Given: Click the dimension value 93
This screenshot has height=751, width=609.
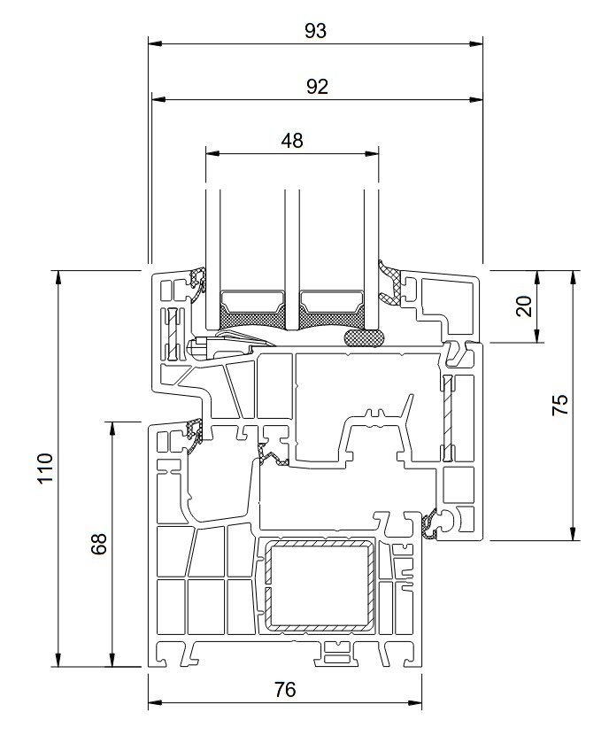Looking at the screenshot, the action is [315, 31].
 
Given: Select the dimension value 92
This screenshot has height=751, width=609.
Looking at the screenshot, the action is [317, 87].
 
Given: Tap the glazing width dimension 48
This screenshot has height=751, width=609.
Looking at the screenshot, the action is [292, 141].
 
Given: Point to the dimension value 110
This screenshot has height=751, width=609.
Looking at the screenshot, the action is [45, 468].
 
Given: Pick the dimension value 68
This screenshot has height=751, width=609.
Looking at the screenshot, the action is [99, 544].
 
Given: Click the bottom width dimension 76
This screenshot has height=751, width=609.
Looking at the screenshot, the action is [285, 690].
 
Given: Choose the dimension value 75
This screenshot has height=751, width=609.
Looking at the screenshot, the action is [560, 405].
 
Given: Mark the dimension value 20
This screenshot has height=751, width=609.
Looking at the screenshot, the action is [524, 306].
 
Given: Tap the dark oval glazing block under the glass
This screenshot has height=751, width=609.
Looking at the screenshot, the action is [364, 337].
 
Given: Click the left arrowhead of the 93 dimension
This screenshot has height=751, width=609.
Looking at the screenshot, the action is [155, 44].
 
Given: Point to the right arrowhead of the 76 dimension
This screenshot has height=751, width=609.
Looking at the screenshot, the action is [415, 703].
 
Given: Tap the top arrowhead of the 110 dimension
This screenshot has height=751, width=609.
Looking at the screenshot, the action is [58, 277].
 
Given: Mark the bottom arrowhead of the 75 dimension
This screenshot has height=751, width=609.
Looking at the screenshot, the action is [573, 533].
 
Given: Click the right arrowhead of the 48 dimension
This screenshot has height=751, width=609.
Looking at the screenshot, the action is [372, 154].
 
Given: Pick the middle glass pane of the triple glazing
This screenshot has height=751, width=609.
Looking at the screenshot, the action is [291, 259].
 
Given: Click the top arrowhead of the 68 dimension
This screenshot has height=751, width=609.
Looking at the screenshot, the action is [113, 429].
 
